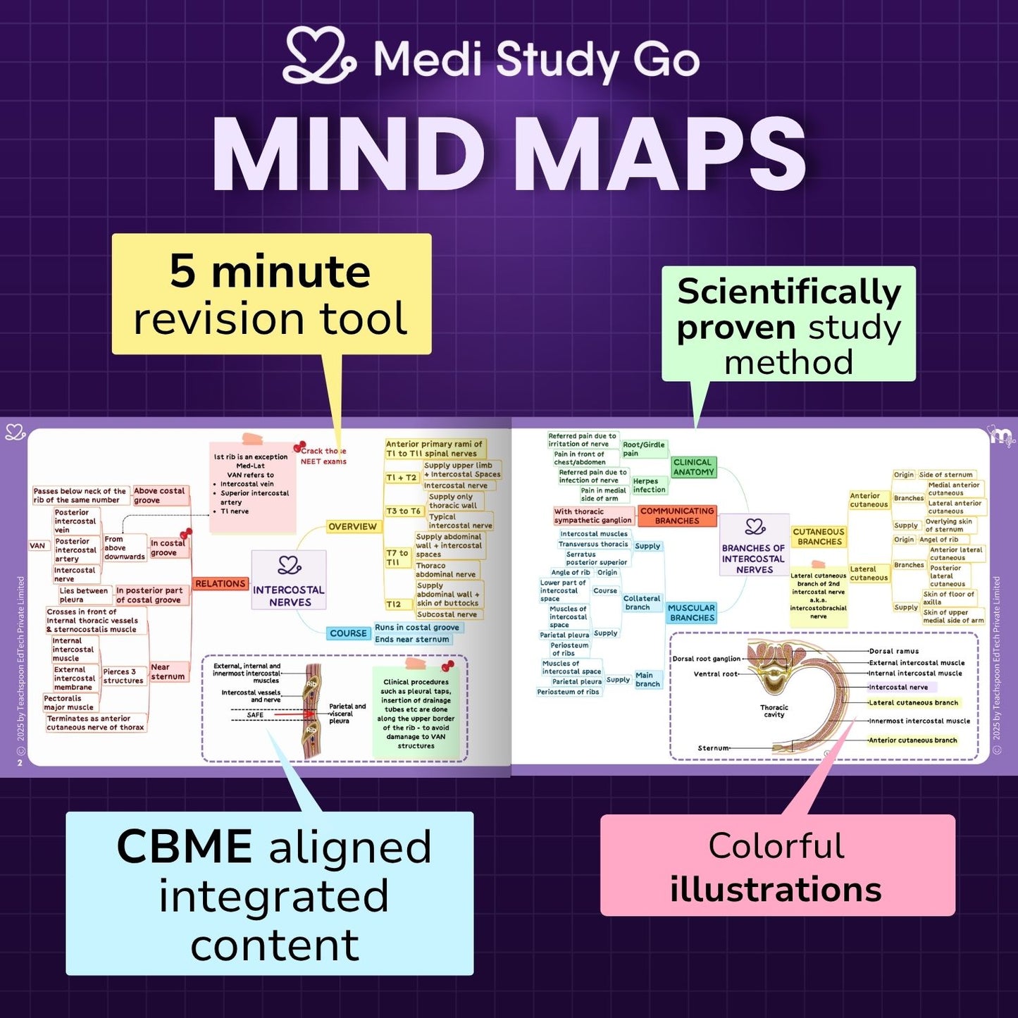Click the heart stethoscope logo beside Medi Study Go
tap(319, 56)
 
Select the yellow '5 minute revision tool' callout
tap(271, 294)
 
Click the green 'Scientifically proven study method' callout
tap(788, 325)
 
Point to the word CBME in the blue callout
tap(185, 846)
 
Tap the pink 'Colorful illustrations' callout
tap(777, 866)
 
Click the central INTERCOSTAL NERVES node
tap(289, 581)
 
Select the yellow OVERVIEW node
tap(352, 526)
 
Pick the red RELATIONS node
tap(221, 583)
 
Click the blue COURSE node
tap(349, 633)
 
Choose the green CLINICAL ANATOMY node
tap(693, 467)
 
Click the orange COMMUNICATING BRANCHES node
tap(677, 516)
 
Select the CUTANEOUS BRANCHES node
tap(819, 537)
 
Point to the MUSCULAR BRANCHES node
tap(692, 613)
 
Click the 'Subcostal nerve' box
tap(447, 614)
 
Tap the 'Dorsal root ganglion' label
tap(706, 659)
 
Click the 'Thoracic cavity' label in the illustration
tap(774, 711)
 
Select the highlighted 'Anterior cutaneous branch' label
tap(912, 740)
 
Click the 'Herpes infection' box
tap(649, 485)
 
